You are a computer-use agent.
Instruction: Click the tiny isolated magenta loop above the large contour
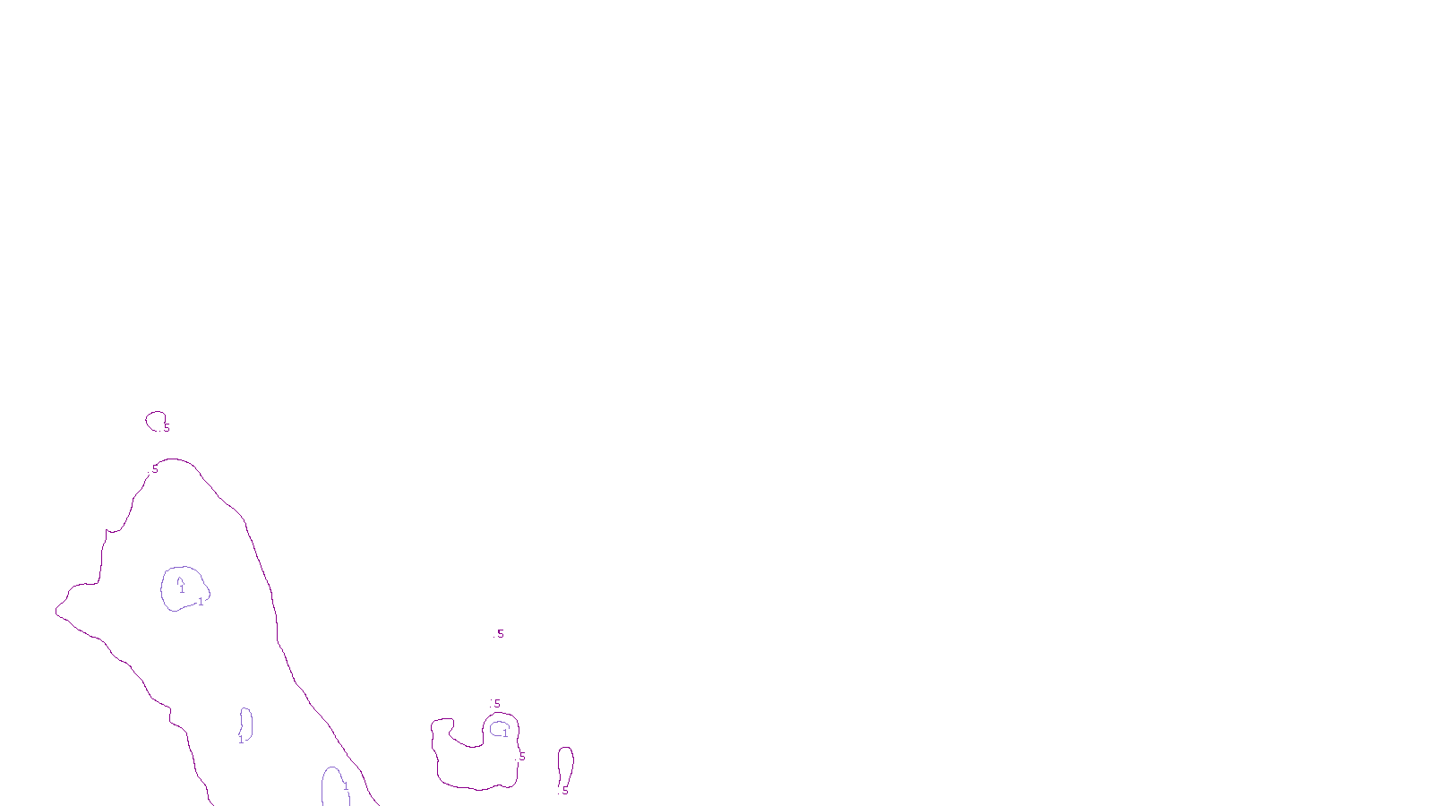tap(155, 421)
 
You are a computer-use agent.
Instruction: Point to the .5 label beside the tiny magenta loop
tap(166, 428)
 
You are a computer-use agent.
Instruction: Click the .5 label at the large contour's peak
tap(154, 468)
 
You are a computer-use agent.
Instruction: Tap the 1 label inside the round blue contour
tap(182, 590)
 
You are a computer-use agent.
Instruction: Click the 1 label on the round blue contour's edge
tap(201, 602)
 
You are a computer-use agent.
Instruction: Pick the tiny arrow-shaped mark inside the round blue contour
tap(179, 580)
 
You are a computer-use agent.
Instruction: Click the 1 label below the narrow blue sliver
tap(240, 740)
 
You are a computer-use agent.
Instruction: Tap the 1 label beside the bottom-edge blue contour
tap(346, 786)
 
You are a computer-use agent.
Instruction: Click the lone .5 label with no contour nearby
tap(499, 634)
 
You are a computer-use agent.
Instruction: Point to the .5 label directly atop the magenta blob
tap(496, 704)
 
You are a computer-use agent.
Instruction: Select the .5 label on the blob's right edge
tap(521, 758)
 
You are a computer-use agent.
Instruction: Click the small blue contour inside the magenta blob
tap(498, 728)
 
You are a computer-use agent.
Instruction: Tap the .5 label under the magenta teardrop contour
tap(564, 792)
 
